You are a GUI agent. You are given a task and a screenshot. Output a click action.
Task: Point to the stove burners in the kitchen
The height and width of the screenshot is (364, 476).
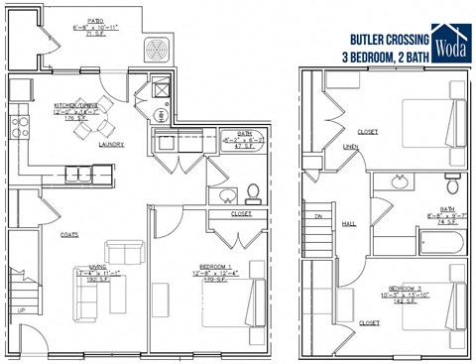[19, 125]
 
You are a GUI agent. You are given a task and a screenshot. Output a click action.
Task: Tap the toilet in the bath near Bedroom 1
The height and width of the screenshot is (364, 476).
[252, 190]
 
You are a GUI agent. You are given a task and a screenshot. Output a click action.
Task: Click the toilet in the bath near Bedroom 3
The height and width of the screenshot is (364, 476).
[453, 182]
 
